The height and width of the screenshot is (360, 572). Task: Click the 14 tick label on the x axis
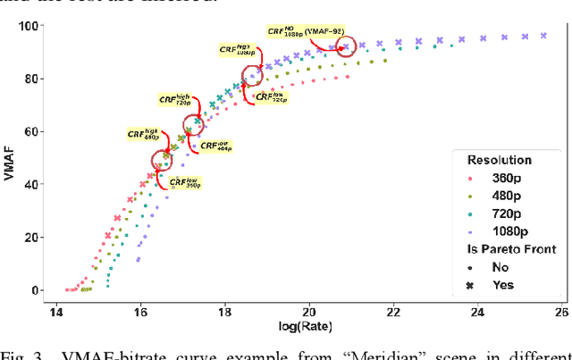[x=56, y=312]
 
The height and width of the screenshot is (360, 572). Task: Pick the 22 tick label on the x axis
[x=393, y=312]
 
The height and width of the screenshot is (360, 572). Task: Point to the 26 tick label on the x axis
[x=561, y=312]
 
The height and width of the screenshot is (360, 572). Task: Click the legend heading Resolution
[x=500, y=160]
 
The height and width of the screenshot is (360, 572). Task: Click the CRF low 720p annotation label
[x=269, y=97]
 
